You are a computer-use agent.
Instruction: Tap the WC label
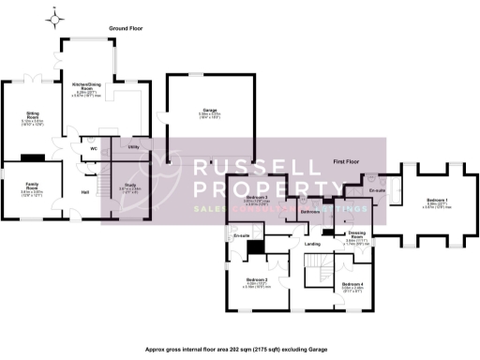coord(95,148)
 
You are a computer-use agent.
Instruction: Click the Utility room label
coord(134,147)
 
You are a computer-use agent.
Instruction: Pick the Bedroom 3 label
coord(258,198)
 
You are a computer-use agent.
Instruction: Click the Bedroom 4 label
coord(352,284)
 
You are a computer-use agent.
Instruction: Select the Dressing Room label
coord(356,234)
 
